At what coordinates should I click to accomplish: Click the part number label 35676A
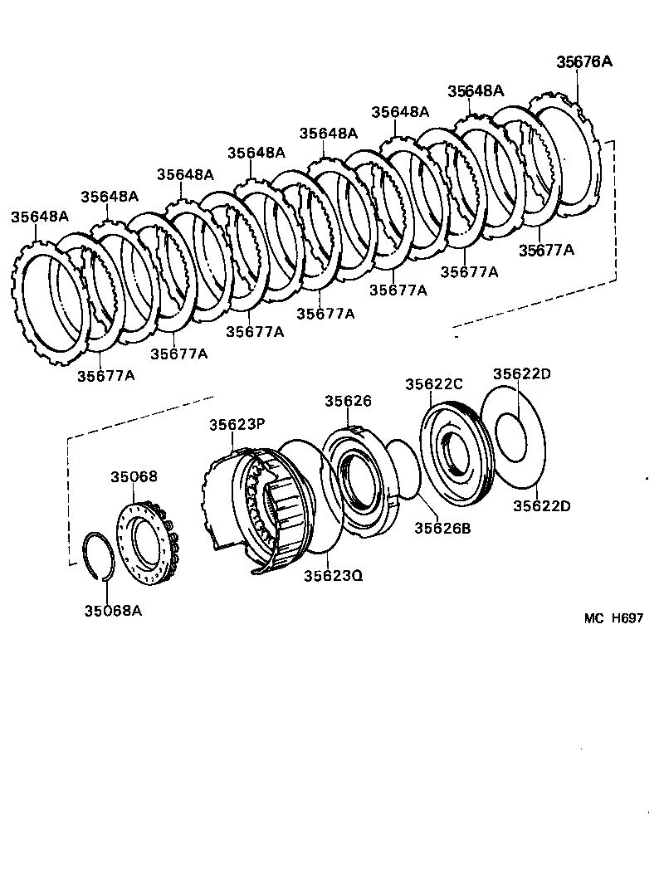click(x=583, y=61)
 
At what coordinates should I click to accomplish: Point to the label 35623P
click(x=237, y=424)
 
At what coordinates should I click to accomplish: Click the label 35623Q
click(x=332, y=575)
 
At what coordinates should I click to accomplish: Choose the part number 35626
click(x=348, y=401)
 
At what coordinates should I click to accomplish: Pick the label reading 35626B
click(x=442, y=527)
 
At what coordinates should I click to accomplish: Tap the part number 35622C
click(x=433, y=383)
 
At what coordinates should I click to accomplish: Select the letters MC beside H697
click(x=594, y=617)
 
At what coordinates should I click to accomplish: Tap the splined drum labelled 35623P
click(x=257, y=506)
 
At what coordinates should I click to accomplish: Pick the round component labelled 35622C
click(x=456, y=452)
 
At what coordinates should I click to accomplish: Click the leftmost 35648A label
click(x=39, y=216)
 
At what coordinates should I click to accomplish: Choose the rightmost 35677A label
click(x=546, y=249)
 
